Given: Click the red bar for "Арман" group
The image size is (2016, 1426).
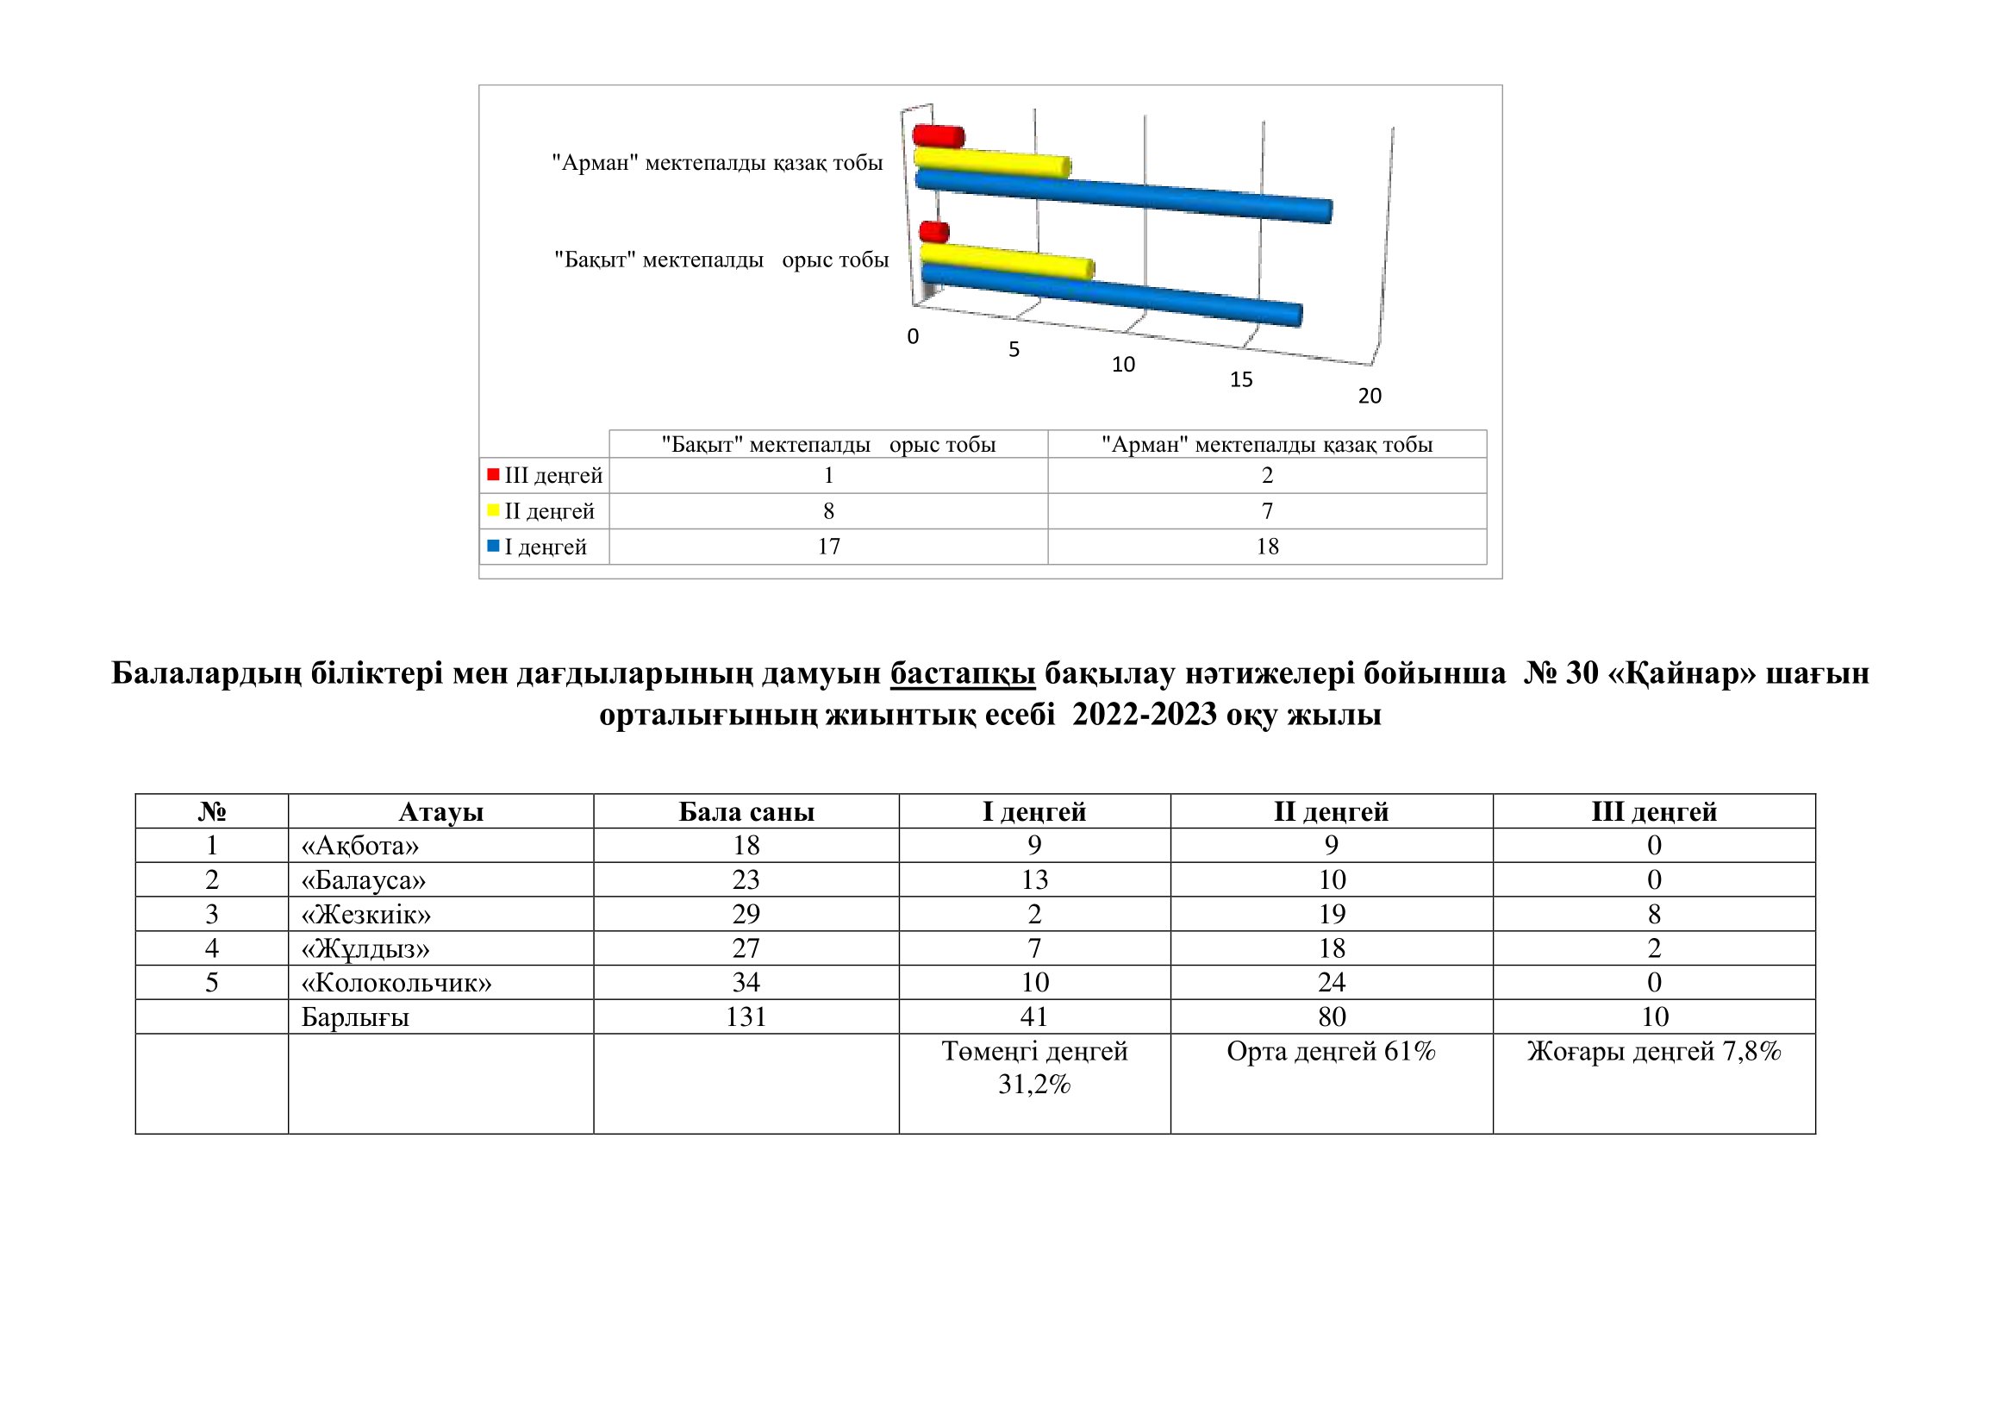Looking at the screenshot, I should pos(939,137).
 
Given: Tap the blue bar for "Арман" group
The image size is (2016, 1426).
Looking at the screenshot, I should pos(1124,195).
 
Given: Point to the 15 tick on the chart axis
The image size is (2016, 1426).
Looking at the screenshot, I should pos(1240,380).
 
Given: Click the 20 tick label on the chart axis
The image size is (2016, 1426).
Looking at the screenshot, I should pos(1370,396).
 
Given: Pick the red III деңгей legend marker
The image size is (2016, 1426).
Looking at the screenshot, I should pos(494,475).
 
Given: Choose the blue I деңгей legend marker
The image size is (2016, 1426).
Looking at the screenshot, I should pos(494,546).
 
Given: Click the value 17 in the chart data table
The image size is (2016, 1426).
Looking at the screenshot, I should pos(828,546).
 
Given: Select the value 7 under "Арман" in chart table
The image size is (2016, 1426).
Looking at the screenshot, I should pos(1267,511).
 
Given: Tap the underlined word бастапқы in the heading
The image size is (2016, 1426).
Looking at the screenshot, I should pos(963,673).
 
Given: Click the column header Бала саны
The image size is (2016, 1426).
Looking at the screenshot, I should pos(746,812).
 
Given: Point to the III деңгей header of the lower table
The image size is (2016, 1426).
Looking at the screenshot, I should pos(1653,812).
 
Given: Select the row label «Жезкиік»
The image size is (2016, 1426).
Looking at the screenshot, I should pos(366,915).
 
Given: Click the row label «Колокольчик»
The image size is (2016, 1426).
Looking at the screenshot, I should pos(396,983).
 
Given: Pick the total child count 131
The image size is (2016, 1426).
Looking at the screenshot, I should pos(746,1016).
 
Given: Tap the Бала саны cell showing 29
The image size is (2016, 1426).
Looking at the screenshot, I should pos(746,915).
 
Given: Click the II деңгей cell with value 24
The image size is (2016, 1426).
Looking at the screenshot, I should pos(1331,983).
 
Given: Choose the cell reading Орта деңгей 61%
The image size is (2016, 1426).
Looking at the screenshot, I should pos(1331,1052).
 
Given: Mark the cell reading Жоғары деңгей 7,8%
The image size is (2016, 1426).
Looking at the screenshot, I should pos(1653,1052).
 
